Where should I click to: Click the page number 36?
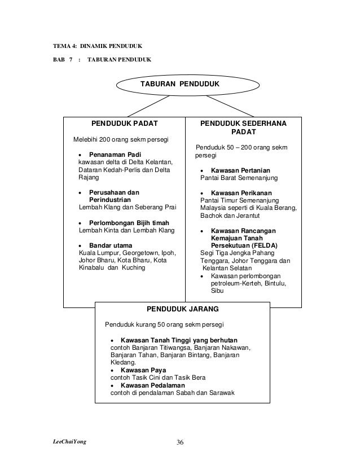coord(180,441)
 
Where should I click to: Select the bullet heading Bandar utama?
coord(111,245)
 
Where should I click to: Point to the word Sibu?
coord(217,291)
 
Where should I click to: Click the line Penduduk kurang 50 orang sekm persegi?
coord(164,326)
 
